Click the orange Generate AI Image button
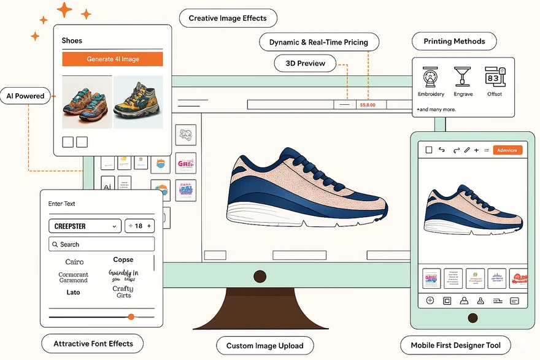pos(112,59)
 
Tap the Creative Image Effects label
pos(228,18)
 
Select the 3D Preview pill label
pos(306,63)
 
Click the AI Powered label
pos(25,96)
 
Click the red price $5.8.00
pos(368,105)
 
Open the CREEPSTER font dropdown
pos(85,226)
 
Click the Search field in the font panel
pos(101,244)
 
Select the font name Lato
pos(73,293)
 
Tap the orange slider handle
pos(131,316)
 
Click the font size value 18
pos(139,226)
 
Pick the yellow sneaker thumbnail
pos(138,102)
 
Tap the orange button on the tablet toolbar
pos(507,150)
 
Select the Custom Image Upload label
pos(264,346)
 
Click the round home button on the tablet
pos(472,318)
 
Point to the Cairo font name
pos(74,262)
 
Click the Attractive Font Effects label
pos(93,344)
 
